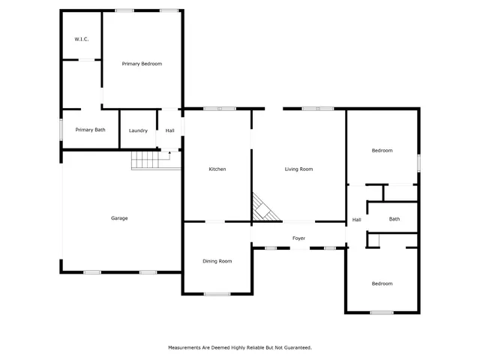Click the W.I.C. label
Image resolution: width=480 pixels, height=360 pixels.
pyautogui.click(x=82, y=38)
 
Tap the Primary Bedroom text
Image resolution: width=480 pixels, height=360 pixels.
pyautogui.click(x=142, y=64)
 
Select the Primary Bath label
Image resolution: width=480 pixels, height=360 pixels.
pyautogui.click(x=90, y=130)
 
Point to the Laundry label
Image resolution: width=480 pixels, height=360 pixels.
pyautogui.click(x=138, y=130)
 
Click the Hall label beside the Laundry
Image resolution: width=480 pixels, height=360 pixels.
pyautogui.click(x=170, y=130)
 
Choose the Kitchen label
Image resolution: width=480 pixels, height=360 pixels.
pyautogui.click(x=217, y=169)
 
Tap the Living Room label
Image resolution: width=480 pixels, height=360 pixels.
pyautogui.click(x=298, y=169)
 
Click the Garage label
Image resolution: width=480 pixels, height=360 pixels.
pyautogui.click(x=119, y=218)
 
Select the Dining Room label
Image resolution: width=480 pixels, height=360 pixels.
pyautogui.click(x=217, y=261)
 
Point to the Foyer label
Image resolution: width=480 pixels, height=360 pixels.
pyautogui.click(x=298, y=238)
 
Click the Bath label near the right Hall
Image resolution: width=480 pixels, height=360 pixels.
pyautogui.click(x=394, y=219)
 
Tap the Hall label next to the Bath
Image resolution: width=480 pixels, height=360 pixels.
pyautogui.click(x=356, y=220)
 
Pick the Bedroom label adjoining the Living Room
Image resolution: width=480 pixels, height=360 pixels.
pyautogui.click(x=382, y=151)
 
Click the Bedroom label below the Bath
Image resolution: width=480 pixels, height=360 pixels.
pyautogui.click(x=382, y=283)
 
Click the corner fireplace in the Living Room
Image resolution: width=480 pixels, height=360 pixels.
pyautogui.click(x=262, y=209)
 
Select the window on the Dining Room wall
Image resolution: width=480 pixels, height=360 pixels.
pyautogui.click(x=217, y=293)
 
